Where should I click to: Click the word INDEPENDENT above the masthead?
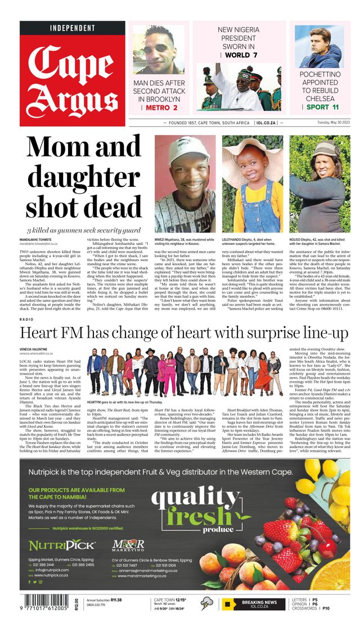(x=73, y=28)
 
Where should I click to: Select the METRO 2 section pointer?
(x=159, y=108)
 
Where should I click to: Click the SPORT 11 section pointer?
(x=319, y=107)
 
